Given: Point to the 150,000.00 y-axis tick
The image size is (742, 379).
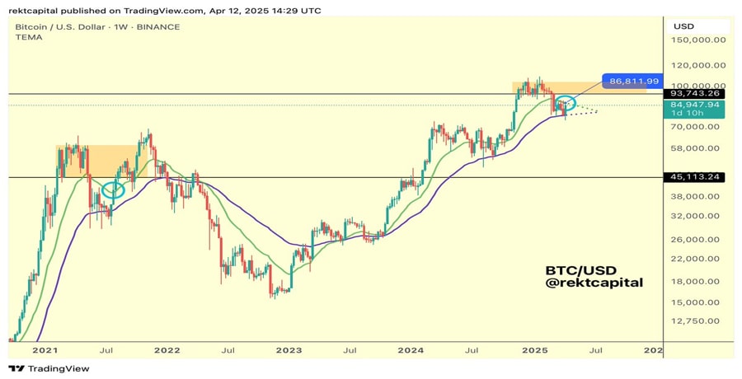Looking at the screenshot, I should pyautogui.click(x=699, y=40).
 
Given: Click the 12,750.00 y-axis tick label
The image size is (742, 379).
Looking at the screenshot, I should pyautogui.click(x=699, y=321).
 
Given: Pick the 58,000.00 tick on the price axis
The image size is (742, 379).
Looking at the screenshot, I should pyautogui.click(x=699, y=148).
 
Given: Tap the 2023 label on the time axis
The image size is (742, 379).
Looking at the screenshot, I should pyautogui.click(x=289, y=350).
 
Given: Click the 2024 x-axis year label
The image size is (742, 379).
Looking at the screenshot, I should pyautogui.click(x=411, y=350).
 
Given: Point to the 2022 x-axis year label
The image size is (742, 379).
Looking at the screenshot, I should pyautogui.click(x=167, y=350).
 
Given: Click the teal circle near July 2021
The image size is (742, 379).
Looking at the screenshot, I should pyautogui.click(x=113, y=190).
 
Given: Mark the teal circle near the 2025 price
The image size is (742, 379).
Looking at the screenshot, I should pyautogui.click(x=565, y=104).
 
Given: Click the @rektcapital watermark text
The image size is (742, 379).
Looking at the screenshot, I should pyautogui.click(x=594, y=283).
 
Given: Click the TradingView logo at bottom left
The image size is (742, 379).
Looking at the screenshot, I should pyautogui.click(x=49, y=368).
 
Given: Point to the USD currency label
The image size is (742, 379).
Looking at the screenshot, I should pyautogui.click(x=683, y=26).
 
